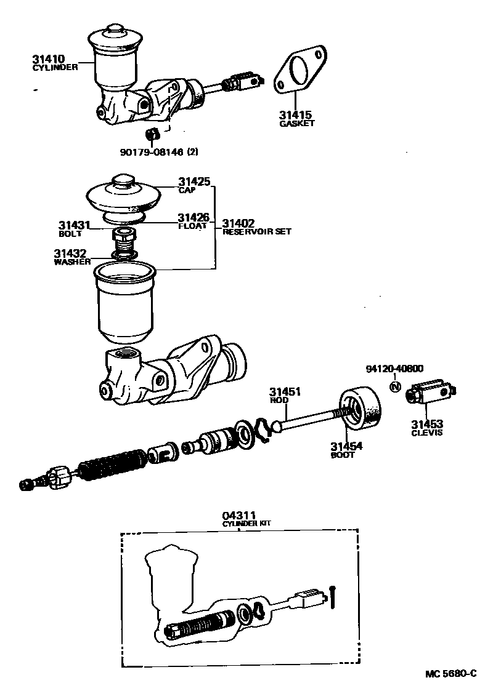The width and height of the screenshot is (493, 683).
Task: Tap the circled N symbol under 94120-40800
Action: pyautogui.click(x=396, y=387)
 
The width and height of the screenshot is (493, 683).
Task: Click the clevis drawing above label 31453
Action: pyautogui.click(x=431, y=393)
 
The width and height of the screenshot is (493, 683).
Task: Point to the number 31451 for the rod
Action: pyautogui.click(x=284, y=392)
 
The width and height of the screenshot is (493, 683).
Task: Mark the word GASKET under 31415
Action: pyautogui.click(x=296, y=123)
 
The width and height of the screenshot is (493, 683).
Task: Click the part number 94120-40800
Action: pyautogui.click(x=394, y=369)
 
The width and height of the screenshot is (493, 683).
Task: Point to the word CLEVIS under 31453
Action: pyautogui.click(x=427, y=433)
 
